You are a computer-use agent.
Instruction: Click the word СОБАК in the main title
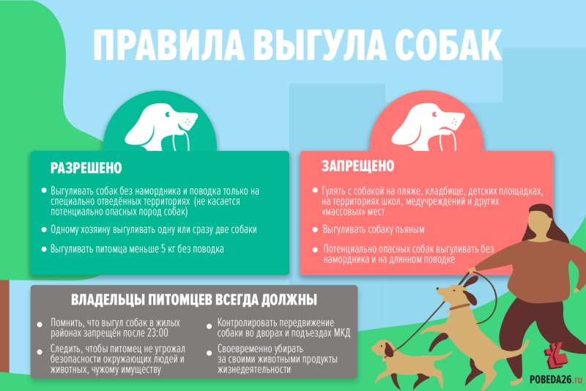pos(448,45)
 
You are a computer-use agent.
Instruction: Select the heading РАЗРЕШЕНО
pos(86,168)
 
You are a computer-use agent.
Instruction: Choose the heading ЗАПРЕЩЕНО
pos(358,165)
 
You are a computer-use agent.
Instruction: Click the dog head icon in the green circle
pos(160,127)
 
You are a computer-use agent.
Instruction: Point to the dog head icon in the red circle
pos(428,127)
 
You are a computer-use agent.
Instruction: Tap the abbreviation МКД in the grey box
pos(341,332)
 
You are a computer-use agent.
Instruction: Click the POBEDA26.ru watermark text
pos(556,379)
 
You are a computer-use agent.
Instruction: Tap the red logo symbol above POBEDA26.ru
pos(556,357)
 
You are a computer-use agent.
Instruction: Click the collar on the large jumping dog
pos(459,307)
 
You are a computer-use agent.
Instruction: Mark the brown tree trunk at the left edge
pos(4,326)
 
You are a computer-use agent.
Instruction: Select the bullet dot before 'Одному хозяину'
pos(44,230)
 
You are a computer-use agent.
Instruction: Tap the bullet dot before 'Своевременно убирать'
pos(209,353)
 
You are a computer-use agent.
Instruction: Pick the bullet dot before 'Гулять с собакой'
pos(315,191)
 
